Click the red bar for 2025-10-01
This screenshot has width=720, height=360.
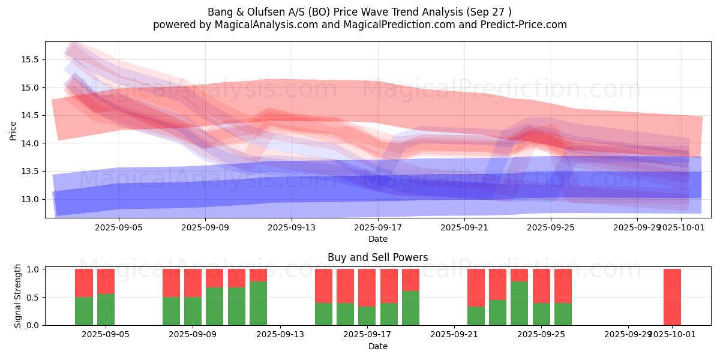672,297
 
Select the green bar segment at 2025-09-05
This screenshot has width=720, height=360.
106,310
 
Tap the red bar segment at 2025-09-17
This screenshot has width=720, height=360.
367,288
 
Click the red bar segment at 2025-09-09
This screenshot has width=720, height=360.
193,283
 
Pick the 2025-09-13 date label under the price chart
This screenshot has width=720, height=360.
291,228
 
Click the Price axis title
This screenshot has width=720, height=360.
13,130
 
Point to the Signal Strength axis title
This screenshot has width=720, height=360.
18,296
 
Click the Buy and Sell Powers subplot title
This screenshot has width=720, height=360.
377,257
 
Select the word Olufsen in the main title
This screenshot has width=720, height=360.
259,12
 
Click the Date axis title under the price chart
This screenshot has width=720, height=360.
377,239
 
